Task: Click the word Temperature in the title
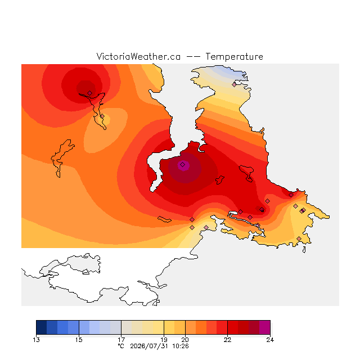click(234, 56)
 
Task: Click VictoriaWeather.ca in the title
click(138, 56)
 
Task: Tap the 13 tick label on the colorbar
click(36, 340)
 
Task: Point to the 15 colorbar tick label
click(79, 340)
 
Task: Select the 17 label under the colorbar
click(121, 340)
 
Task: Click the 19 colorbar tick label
click(164, 340)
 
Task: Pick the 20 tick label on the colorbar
click(185, 340)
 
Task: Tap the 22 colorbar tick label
click(227, 340)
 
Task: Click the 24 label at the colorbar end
click(270, 340)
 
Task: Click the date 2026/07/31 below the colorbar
click(149, 346)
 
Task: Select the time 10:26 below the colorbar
click(181, 346)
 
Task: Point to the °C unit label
click(121, 346)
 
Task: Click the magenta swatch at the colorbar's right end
click(265, 327)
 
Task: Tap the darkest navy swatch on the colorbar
click(42, 327)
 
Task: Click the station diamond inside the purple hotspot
click(182, 164)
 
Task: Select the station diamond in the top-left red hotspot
click(90, 93)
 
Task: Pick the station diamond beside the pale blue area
click(234, 84)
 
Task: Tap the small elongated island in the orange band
click(164, 219)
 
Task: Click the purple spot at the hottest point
click(183, 165)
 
